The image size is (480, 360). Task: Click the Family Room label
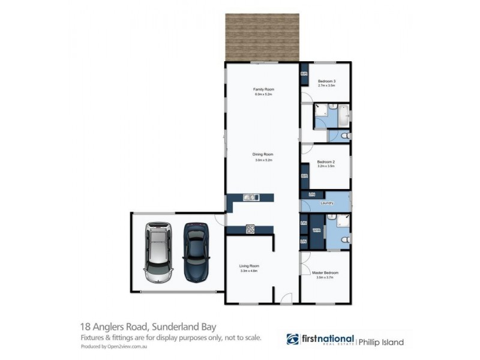click(263, 90)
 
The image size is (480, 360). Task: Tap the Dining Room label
click(263, 155)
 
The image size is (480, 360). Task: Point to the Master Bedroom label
click(325, 273)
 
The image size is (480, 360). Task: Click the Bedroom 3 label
click(326, 82)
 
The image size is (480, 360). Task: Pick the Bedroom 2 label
click(326, 162)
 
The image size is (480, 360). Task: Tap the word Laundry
click(327, 203)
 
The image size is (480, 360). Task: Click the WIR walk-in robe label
click(316, 230)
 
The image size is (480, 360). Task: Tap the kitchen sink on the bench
click(250, 197)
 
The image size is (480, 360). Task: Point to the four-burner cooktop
click(250, 229)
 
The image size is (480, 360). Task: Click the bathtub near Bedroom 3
click(344, 115)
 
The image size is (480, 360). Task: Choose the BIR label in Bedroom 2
click(304, 176)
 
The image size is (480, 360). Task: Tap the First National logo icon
click(293, 340)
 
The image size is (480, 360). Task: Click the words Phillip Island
click(381, 343)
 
